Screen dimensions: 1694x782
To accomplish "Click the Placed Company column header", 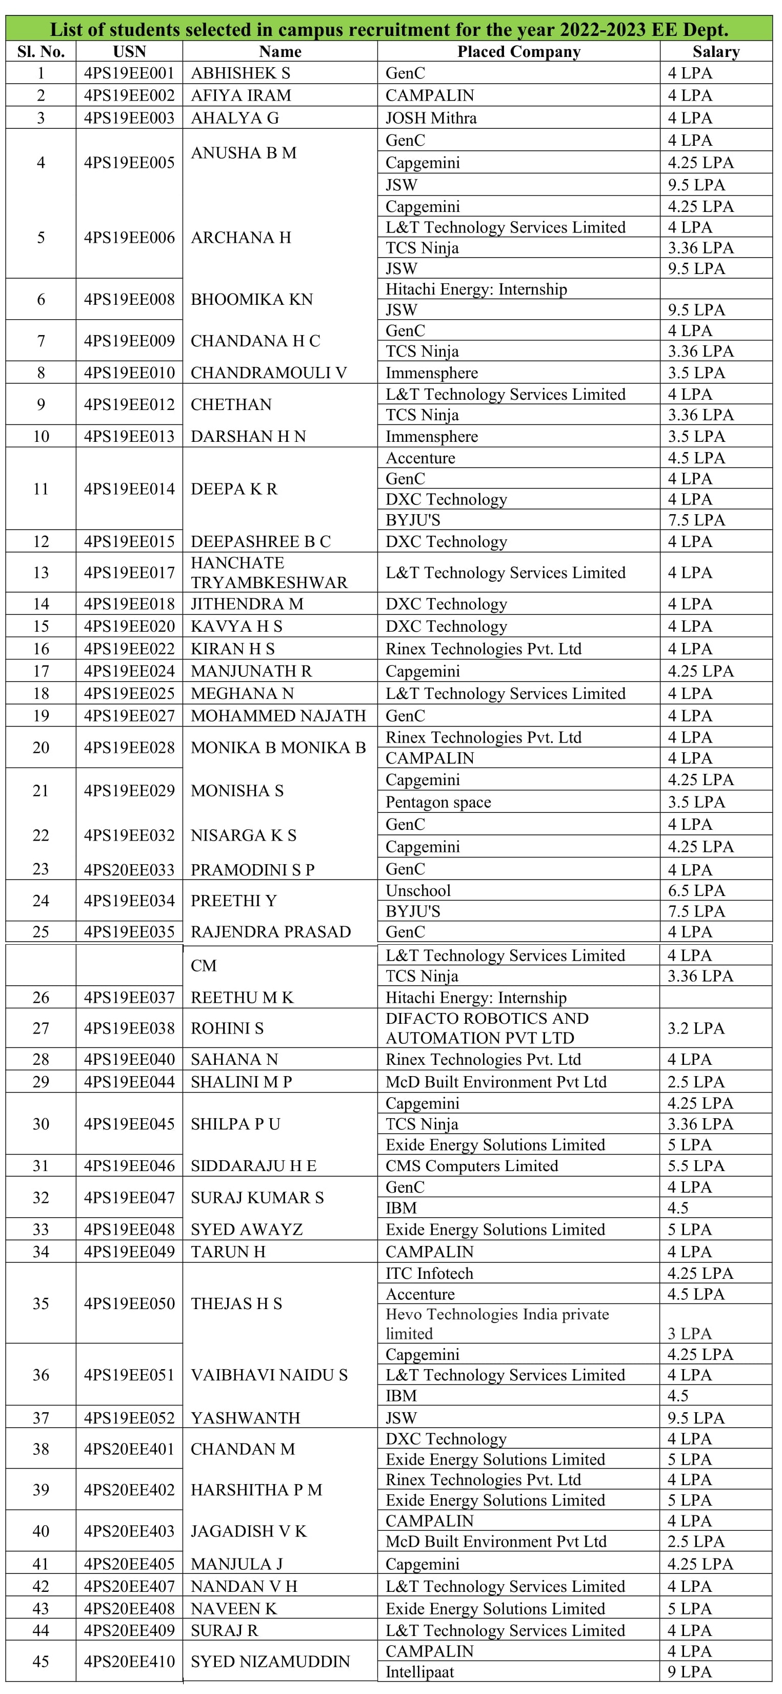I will (518, 51).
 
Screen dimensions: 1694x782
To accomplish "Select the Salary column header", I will (716, 51).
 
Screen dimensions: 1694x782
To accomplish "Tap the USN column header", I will (129, 51).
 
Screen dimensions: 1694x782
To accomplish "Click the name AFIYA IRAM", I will (240, 95).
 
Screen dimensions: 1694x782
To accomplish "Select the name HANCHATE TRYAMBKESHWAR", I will (269, 572).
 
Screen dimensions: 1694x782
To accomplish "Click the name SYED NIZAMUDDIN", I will (270, 1661).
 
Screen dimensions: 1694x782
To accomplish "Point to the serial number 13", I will (41, 572).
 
